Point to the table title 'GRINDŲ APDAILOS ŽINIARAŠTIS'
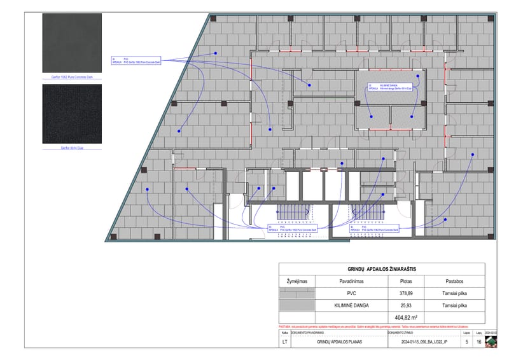click(382, 270)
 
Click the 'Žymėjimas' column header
click(297, 280)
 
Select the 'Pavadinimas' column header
click(351, 280)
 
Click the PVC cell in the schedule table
click(351, 294)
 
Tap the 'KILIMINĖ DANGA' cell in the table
click(351, 305)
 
